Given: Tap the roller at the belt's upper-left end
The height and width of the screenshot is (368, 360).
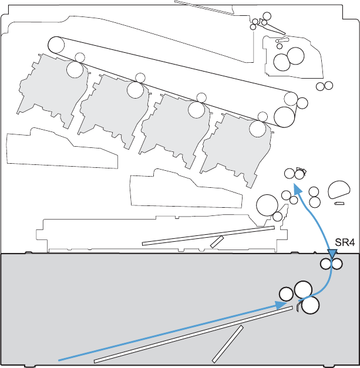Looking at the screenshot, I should click(56, 44).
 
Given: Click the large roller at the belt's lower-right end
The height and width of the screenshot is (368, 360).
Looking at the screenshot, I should click(285, 116).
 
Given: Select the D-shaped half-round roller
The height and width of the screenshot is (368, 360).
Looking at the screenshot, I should click(338, 190).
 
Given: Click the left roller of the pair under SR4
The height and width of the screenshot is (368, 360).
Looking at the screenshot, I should click(326, 265).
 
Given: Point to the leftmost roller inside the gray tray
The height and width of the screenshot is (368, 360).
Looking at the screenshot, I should click(286, 294).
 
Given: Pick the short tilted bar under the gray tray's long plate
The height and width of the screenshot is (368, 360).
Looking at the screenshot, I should click(228, 343).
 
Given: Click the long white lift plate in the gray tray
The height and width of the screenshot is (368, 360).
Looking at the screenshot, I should click(194, 335).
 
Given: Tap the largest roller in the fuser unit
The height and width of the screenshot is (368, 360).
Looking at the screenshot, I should click(295, 56).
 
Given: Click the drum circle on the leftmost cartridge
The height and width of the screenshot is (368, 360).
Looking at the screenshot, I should click(75, 69).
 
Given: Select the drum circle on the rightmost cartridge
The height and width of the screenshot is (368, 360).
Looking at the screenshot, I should click(258, 129).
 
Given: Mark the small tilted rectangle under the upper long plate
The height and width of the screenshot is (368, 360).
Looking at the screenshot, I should click(217, 241).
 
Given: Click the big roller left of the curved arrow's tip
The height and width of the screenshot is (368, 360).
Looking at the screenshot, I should click(267, 205).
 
